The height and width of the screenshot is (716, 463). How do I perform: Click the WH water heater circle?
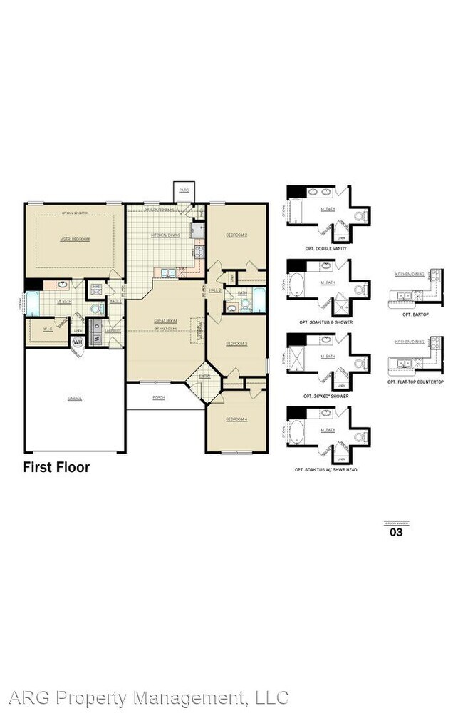(x=78, y=342)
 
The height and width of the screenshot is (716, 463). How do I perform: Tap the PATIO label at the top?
(x=184, y=190)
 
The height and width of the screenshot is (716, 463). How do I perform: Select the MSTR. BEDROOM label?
(x=75, y=239)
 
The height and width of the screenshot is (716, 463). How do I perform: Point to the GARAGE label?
(x=75, y=398)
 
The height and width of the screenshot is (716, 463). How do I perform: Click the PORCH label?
(x=158, y=398)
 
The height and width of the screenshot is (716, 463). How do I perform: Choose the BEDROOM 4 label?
(x=236, y=419)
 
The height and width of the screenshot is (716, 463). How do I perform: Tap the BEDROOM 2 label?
(x=236, y=235)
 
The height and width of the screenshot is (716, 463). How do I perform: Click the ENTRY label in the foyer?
(x=204, y=376)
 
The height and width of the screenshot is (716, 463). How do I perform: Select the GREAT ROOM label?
(x=165, y=321)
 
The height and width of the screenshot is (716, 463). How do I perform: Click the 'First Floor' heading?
(x=56, y=468)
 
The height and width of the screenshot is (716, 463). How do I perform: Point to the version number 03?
(x=396, y=531)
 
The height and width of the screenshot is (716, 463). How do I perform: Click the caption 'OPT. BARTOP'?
(x=414, y=314)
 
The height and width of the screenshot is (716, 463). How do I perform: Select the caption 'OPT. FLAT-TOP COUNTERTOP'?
(x=415, y=382)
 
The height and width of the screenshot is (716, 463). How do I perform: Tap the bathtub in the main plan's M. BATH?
(x=32, y=305)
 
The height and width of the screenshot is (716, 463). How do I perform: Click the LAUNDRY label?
(x=112, y=330)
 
